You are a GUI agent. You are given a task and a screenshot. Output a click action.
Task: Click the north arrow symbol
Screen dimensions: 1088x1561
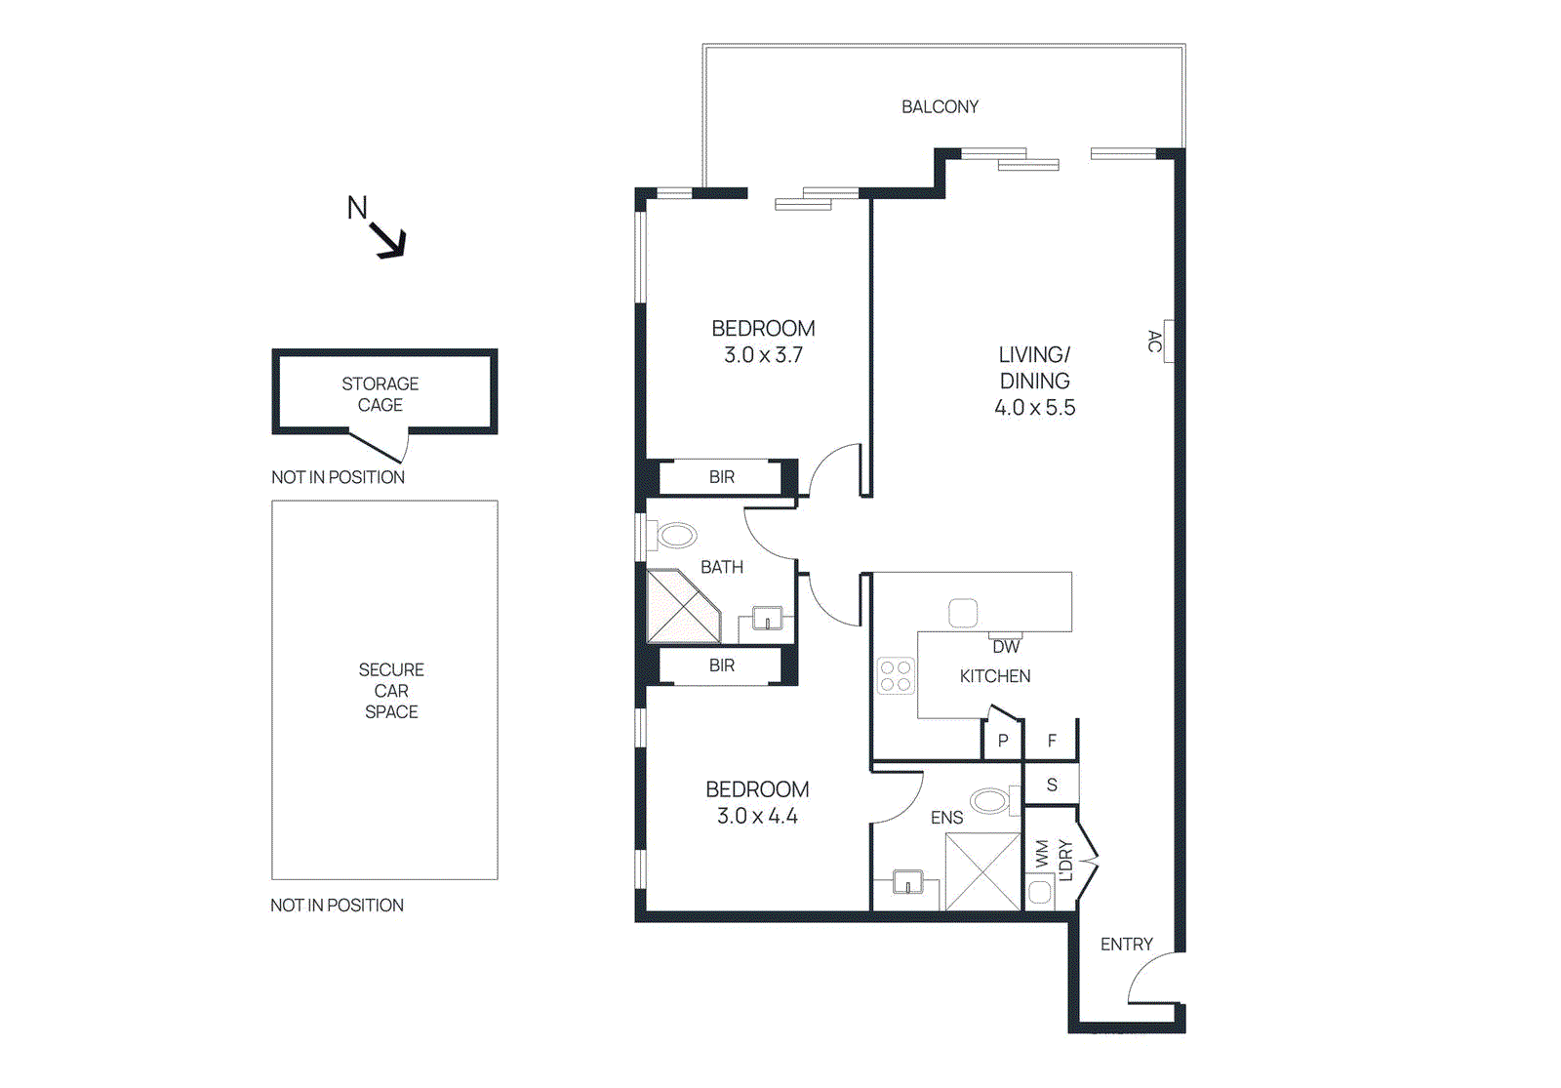click(387, 238)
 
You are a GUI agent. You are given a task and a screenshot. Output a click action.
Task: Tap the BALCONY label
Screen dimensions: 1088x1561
click(940, 106)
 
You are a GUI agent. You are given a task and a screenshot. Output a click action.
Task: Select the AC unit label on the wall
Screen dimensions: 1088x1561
click(1155, 342)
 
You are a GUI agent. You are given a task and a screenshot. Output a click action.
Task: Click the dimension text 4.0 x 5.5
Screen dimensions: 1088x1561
click(1034, 408)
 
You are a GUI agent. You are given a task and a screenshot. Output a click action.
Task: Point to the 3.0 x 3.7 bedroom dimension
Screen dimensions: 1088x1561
click(763, 355)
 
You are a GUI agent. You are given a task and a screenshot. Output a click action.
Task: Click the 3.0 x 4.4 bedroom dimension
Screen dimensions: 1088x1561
click(757, 816)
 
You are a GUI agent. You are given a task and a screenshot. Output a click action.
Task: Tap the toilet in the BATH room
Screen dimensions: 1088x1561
click(675, 535)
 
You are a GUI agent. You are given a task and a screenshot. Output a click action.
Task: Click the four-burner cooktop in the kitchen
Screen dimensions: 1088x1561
click(896, 675)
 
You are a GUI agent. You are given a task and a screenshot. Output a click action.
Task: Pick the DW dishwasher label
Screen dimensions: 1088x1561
click(1006, 646)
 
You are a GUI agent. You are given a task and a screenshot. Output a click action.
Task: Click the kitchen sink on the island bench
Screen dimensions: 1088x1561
click(963, 613)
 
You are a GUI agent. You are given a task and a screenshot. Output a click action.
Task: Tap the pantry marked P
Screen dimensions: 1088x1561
click(1002, 741)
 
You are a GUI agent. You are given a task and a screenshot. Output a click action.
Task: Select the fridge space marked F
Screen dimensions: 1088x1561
click(1052, 741)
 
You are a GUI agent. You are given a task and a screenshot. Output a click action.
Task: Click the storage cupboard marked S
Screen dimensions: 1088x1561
click(1052, 785)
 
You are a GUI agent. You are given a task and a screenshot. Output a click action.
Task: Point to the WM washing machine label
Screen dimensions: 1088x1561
click(1041, 854)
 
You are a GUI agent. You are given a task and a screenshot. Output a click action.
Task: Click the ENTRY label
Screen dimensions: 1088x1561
click(1126, 944)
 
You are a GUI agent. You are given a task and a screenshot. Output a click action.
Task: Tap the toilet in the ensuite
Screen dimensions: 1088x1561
click(991, 802)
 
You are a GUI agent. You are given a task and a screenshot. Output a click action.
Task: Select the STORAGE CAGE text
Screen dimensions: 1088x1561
click(380, 394)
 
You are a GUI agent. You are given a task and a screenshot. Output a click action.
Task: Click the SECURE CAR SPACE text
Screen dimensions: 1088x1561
click(391, 691)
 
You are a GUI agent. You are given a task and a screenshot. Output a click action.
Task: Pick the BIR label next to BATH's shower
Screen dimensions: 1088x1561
click(722, 665)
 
